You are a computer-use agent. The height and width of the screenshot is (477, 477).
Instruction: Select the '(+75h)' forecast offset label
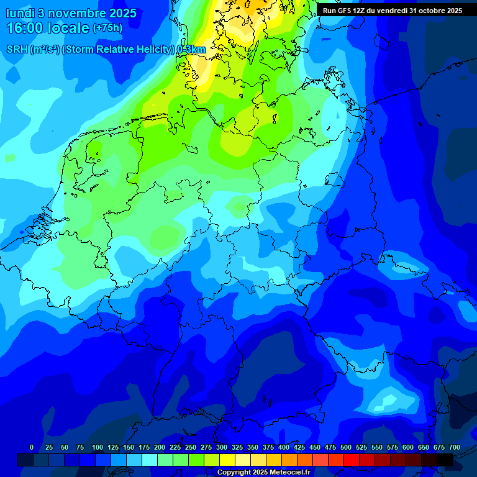107,28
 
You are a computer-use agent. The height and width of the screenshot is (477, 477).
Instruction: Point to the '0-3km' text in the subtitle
191,50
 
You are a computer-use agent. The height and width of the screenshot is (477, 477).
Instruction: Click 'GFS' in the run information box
344,11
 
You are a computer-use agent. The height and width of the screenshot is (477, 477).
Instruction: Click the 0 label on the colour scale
32,447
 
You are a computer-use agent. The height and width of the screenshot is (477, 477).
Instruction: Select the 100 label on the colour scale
98,447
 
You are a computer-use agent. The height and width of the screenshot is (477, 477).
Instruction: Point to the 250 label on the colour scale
191,447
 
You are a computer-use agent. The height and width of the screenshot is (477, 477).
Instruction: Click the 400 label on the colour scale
284,447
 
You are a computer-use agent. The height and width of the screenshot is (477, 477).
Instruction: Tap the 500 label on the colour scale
346,447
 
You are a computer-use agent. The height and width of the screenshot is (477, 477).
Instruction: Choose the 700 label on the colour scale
455,447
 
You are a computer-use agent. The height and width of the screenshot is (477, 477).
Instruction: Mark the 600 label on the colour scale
408,447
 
